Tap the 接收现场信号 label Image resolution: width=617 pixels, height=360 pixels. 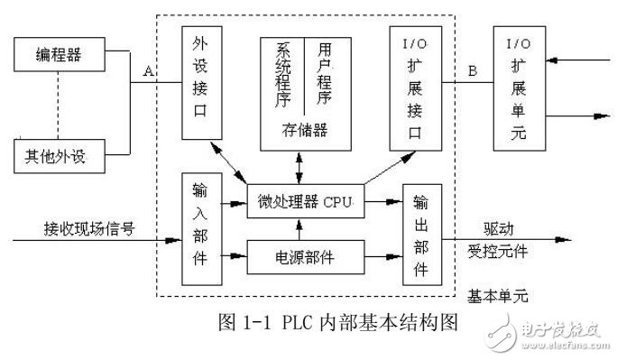91,229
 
